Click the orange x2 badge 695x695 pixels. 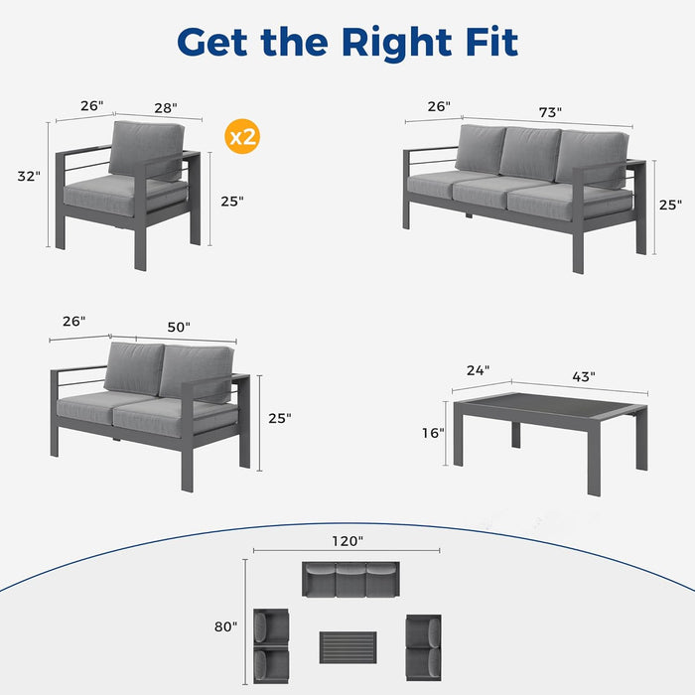point(243,137)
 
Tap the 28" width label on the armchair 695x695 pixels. point(165,107)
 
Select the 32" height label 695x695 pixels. point(29,176)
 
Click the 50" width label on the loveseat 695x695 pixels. point(179,327)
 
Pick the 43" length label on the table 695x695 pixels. point(583,376)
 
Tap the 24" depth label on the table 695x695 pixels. point(479,371)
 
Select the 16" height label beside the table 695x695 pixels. point(433,433)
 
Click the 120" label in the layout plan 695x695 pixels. point(347,541)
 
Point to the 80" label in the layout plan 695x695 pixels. point(225,626)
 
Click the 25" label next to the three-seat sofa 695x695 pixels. point(670,205)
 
